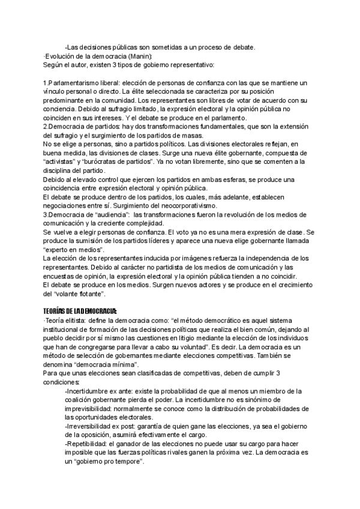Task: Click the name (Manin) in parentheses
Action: [148, 56]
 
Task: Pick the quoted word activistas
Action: [63, 162]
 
